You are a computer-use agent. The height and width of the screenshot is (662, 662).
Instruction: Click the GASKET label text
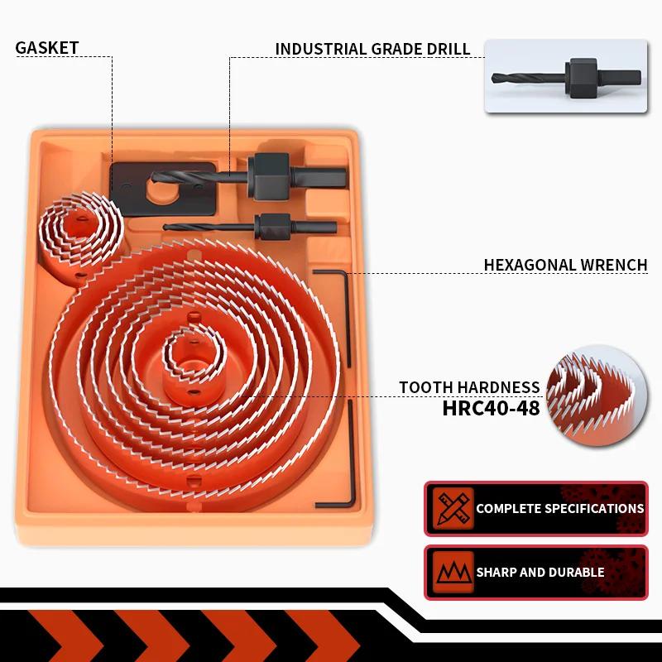47,47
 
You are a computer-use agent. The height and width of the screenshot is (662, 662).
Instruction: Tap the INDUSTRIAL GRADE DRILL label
372,49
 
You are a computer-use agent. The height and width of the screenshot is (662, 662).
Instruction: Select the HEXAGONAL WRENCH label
565,265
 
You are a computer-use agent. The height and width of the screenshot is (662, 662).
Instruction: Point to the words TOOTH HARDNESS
469,387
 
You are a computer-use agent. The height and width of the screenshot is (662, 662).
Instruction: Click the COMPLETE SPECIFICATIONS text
559,508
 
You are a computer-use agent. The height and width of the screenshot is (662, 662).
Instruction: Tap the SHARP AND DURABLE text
540,572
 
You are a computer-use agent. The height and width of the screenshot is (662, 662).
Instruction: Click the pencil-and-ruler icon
452,508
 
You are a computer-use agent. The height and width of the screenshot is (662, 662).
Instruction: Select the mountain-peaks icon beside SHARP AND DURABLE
452,572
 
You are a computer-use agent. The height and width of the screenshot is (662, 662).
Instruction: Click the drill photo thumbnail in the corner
566,75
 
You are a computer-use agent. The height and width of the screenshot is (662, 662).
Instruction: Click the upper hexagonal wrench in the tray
346,314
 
